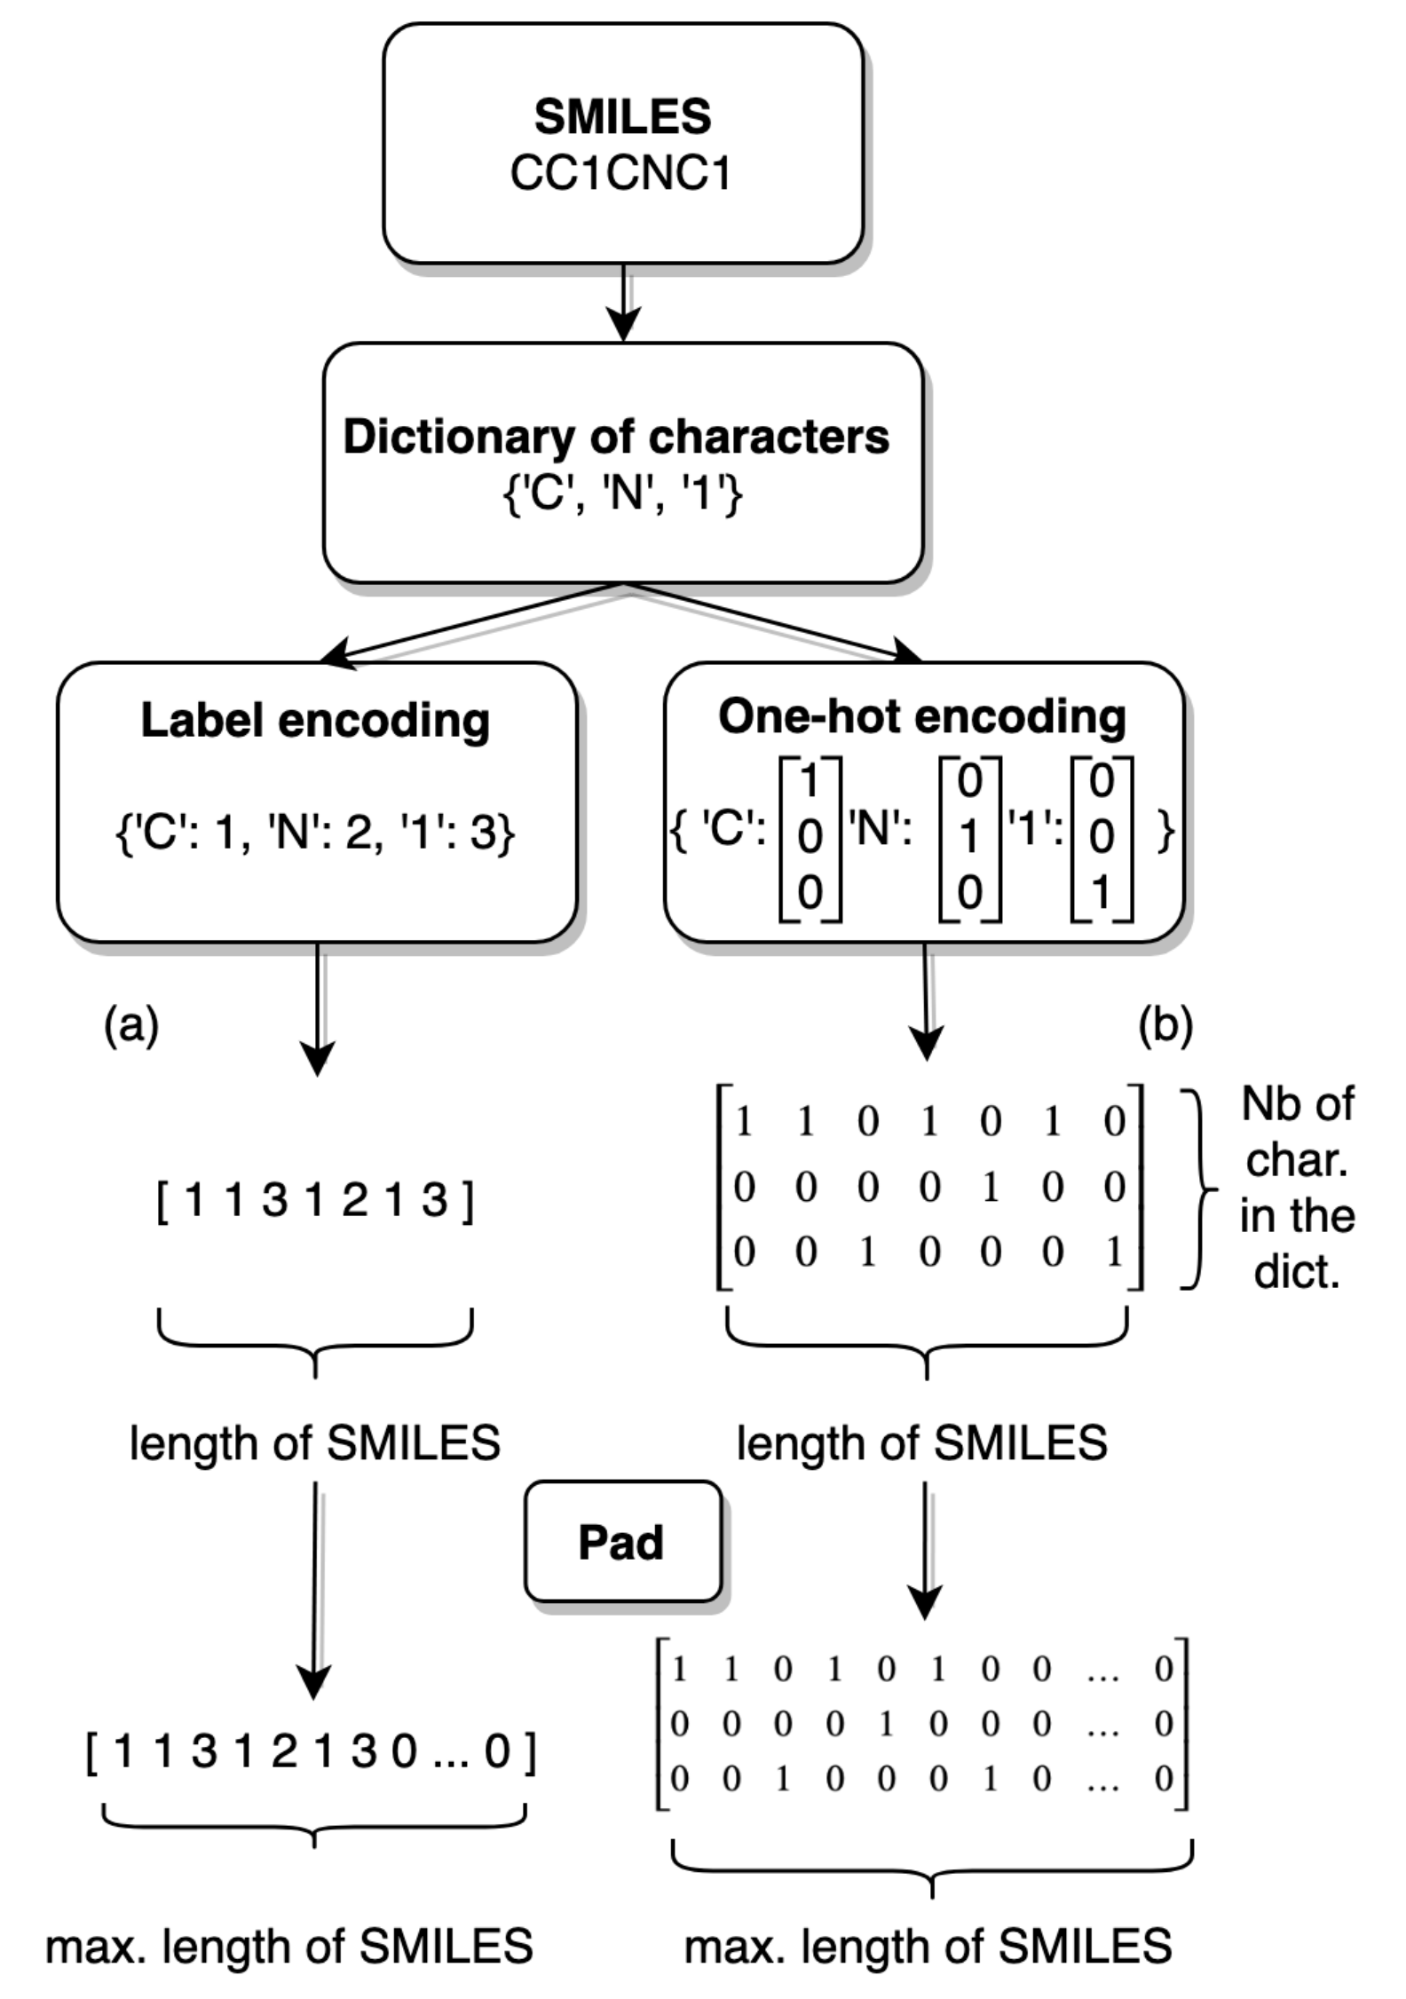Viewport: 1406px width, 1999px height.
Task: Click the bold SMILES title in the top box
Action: tap(622, 116)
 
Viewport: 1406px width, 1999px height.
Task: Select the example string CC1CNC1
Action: tap(620, 173)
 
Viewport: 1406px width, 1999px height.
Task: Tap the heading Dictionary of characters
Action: tap(616, 437)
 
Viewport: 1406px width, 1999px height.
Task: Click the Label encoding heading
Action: tap(315, 720)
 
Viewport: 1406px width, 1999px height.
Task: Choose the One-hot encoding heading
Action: tap(922, 716)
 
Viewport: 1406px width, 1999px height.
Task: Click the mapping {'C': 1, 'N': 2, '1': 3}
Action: tap(315, 833)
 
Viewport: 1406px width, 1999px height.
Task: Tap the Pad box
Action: tap(621, 1542)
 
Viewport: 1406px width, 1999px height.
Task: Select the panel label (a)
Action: tap(131, 1025)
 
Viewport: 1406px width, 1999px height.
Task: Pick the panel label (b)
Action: tap(1165, 1025)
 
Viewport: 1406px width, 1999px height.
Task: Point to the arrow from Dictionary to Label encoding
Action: tap(470, 623)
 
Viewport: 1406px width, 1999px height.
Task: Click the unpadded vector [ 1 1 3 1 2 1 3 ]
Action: tap(315, 1200)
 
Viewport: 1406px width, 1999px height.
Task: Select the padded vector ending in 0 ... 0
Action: tap(311, 1750)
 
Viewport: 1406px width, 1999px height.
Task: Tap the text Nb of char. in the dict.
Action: tap(1297, 1188)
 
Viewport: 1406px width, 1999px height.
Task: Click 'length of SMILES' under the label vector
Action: tap(315, 1442)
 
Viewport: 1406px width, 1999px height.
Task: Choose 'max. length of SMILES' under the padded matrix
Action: tap(928, 1946)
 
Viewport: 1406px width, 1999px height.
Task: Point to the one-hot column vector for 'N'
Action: tap(969, 836)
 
